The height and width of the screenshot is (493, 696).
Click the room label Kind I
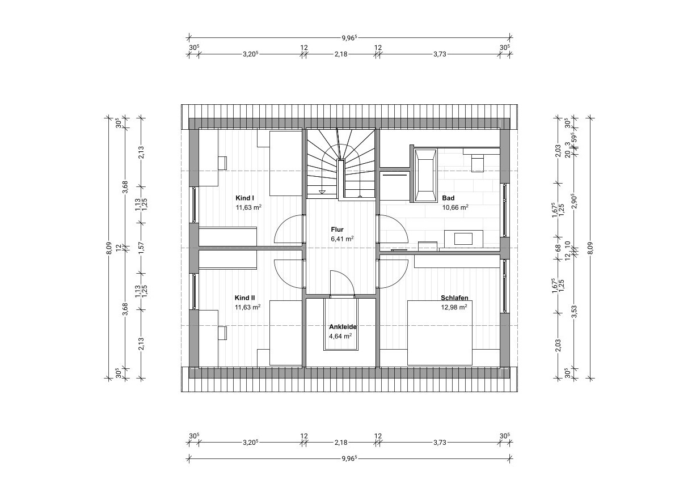(245, 198)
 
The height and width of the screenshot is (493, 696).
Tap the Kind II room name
(245, 298)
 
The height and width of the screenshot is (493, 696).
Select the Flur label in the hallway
(337, 229)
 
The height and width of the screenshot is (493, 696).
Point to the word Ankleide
(343, 327)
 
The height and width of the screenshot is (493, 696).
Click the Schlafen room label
(454, 298)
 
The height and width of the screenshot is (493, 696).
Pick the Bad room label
(448, 198)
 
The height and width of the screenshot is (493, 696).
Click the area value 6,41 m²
(343, 239)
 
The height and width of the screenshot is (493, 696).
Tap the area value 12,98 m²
(454, 307)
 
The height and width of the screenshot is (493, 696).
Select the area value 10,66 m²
(455, 207)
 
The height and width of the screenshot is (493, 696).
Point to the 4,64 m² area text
(340, 336)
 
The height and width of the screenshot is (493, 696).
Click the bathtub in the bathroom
(425, 176)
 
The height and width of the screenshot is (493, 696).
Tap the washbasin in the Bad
(463, 239)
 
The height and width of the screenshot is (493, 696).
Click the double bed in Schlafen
(440, 333)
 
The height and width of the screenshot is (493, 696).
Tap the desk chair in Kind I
(222, 163)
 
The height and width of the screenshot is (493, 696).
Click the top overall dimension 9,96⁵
(349, 38)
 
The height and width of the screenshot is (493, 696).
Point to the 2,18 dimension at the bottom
(341, 443)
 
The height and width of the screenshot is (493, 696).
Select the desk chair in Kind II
(222, 333)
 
